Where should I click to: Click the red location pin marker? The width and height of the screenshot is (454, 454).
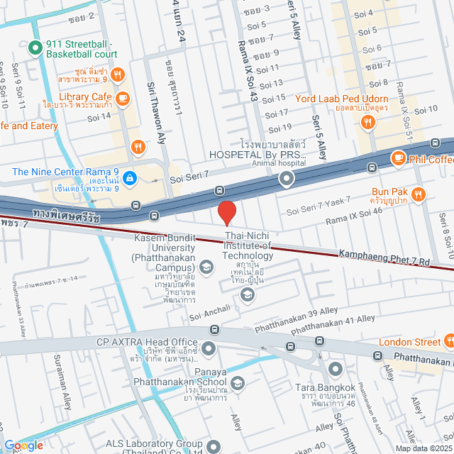(226, 212)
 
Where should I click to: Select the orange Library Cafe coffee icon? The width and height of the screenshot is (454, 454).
(123, 97)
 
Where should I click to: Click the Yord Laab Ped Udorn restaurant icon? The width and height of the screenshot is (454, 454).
(367, 121)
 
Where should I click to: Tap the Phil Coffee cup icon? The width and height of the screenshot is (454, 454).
(398, 158)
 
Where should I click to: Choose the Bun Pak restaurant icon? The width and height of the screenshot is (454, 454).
(419, 193)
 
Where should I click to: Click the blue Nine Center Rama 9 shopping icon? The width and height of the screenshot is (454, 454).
(128, 179)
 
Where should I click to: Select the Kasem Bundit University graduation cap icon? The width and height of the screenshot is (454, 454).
(206, 267)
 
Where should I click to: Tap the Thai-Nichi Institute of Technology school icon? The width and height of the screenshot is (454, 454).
(247, 295)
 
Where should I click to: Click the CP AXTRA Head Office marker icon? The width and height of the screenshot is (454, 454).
(209, 348)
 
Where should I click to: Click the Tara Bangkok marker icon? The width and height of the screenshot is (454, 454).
(335, 369)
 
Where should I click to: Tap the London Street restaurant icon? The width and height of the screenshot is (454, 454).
(449, 342)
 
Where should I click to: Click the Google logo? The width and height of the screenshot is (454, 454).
(23, 445)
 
